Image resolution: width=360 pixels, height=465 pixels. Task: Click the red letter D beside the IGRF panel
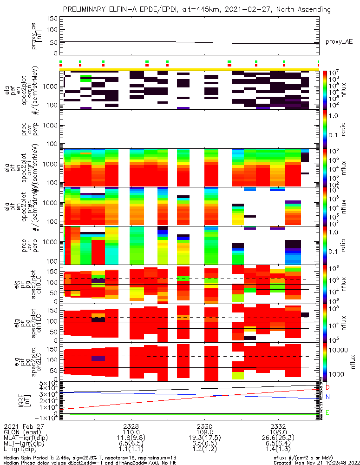coord(327,387)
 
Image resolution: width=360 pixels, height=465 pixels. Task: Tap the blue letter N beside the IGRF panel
coord(327,397)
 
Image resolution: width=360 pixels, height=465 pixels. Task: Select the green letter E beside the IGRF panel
coord(327,412)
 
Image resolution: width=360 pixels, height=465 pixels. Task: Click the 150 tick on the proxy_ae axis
coord(52,19)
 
